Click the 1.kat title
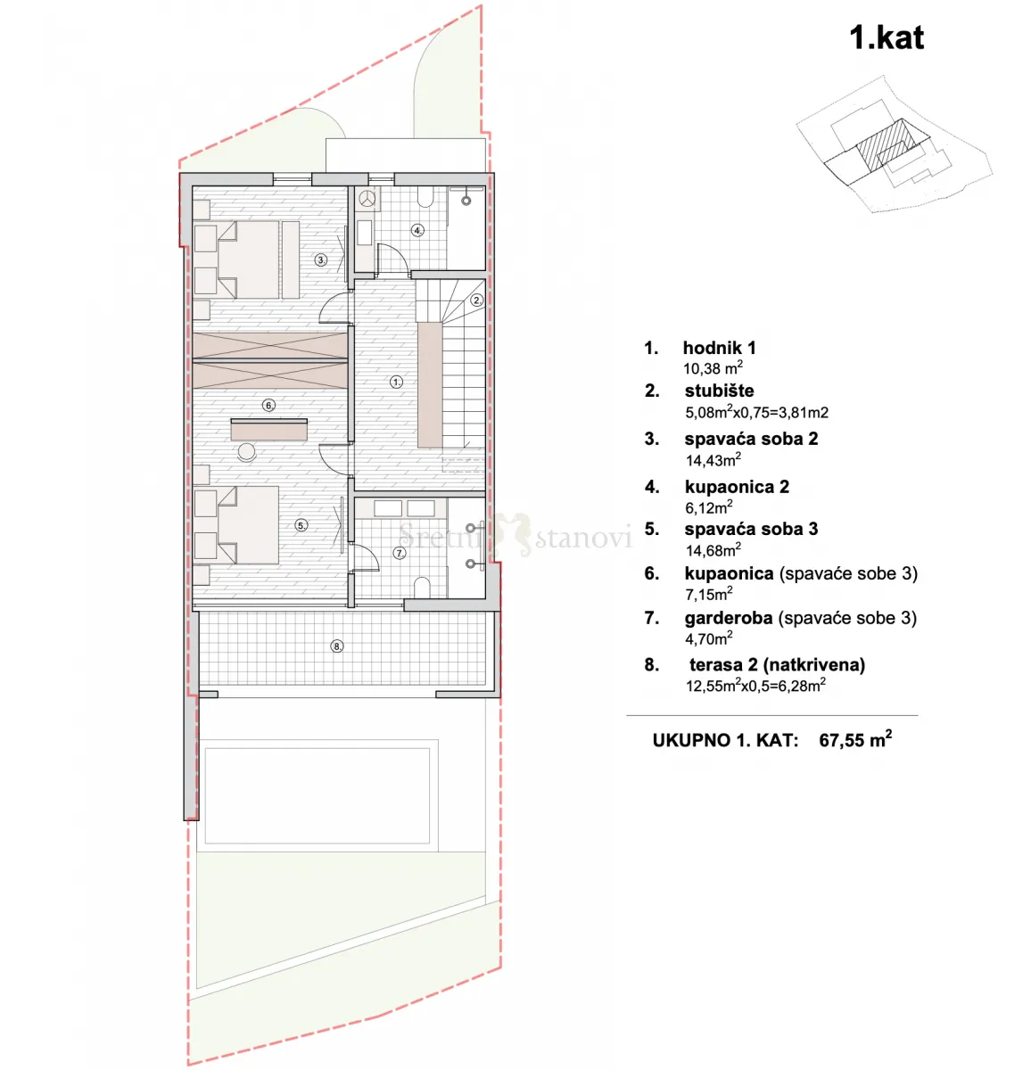[887, 38]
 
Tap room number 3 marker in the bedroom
[321, 260]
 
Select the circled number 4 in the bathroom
[418, 230]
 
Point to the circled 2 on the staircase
[477, 300]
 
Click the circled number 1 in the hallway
[396, 382]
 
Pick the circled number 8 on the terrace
[337, 646]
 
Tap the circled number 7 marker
[400, 553]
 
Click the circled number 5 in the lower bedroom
[301, 525]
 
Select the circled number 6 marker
[268, 405]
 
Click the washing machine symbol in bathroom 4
[367, 199]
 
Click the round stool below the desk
[247, 451]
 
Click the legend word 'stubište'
[719, 391]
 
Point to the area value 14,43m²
[713, 460]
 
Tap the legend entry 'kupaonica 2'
[737, 487]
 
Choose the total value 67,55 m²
[855, 739]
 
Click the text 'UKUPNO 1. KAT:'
[725, 741]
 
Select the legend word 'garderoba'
[729, 618]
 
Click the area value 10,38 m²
[713, 368]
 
